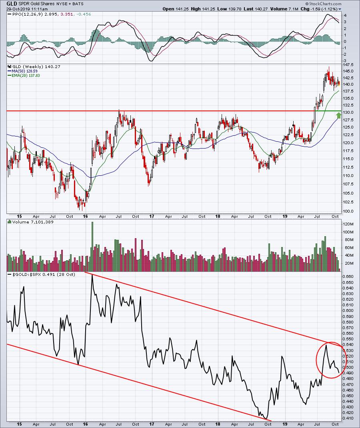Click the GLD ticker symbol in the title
pyautogui.click(x=12, y=4)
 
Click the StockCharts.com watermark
pyautogui.click(x=323, y=4)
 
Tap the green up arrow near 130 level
pyautogui.click(x=338, y=115)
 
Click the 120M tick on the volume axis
pyautogui.click(x=348, y=224)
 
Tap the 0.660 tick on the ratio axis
pyautogui.click(x=348, y=276)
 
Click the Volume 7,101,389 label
pyautogui.click(x=33, y=222)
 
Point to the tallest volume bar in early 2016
pyautogui.click(x=92, y=246)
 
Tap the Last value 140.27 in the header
pyautogui.click(x=256, y=9)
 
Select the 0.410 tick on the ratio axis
pyautogui.click(x=348, y=418)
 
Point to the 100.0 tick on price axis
pyautogui.click(x=348, y=211)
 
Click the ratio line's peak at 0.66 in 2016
pyautogui.click(x=92, y=275)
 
